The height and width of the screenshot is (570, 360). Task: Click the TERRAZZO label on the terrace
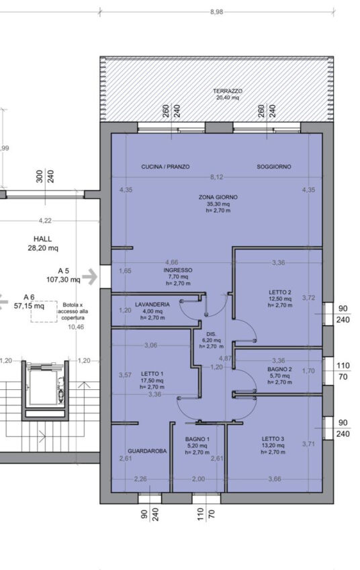(x=228, y=91)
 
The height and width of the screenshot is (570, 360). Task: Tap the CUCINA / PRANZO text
(x=165, y=167)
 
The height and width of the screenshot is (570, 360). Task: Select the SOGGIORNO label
(x=274, y=167)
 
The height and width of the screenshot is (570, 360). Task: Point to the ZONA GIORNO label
(x=218, y=197)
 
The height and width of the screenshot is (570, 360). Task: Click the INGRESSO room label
(x=178, y=270)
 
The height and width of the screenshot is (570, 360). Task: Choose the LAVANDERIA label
(x=152, y=304)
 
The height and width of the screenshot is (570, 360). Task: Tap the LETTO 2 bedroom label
(x=279, y=292)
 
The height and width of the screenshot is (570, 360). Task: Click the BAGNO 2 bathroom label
(x=279, y=369)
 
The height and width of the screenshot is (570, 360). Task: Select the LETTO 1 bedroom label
(x=152, y=374)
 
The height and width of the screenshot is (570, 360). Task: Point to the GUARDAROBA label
(x=147, y=451)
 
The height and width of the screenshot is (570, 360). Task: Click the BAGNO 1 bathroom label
(x=197, y=439)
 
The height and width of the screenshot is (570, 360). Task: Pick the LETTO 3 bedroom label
(x=273, y=439)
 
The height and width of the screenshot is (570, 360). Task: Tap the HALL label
(x=42, y=239)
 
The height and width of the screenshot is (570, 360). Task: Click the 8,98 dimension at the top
(x=216, y=12)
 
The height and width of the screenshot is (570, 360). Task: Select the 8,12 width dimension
(x=216, y=177)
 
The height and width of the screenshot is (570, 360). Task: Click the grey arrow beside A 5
(x=90, y=277)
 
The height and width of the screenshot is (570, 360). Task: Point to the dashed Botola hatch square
(x=44, y=311)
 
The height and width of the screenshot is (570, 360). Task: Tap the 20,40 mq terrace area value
(x=228, y=97)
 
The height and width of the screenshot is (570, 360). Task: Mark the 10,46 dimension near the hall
(x=76, y=327)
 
